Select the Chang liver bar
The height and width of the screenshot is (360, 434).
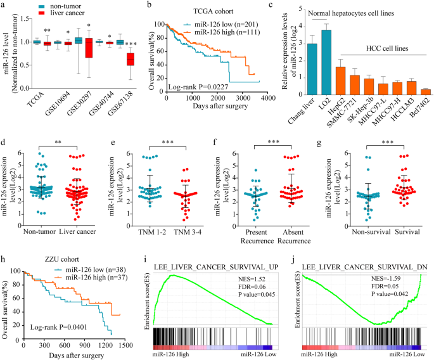click(312, 69)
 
